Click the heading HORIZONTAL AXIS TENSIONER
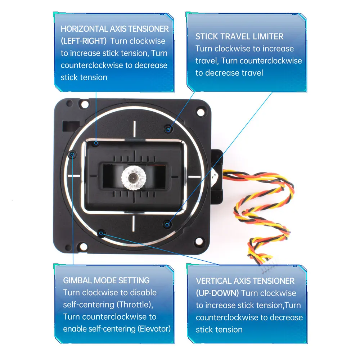[x=114, y=29]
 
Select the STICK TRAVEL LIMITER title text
[x=239, y=36]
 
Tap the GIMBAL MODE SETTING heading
[x=106, y=280]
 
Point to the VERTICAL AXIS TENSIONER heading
[x=245, y=281]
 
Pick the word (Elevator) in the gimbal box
[x=152, y=329]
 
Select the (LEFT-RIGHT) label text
[x=84, y=41]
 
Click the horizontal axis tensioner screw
[x=96, y=143]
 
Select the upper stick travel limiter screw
[x=168, y=129]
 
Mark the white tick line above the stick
[x=134, y=129]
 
